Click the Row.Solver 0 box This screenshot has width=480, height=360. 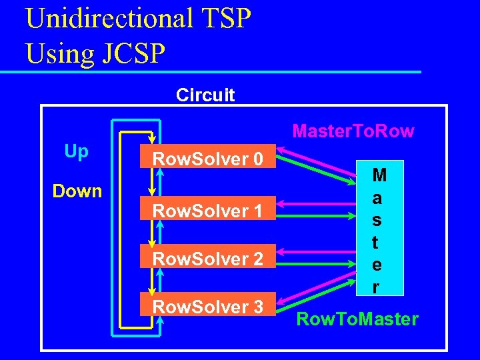point(208,159)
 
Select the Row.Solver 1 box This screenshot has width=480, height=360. point(208,211)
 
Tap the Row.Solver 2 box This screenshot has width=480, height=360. point(208,258)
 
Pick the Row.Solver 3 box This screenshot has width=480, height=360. point(208,307)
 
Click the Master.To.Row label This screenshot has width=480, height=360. point(353,131)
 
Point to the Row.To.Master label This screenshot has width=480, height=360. point(357,319)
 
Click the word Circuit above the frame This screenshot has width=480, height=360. point(205,95)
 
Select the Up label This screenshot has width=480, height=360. point(77,152)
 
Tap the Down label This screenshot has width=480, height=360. point(77,191)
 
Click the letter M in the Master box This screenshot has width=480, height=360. point(379,176)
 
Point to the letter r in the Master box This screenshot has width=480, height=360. point(377,287)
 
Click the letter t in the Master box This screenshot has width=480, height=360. point(377,243)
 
